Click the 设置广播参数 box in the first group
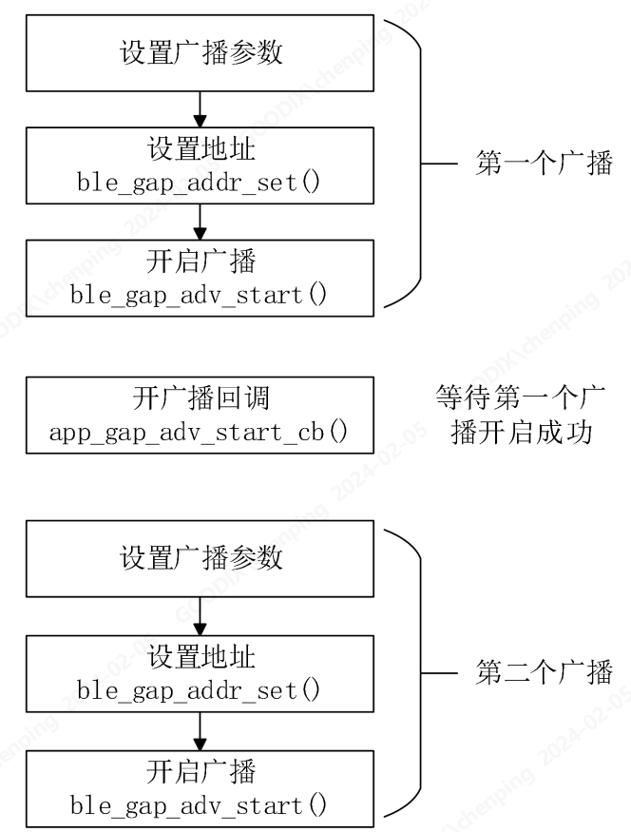coord(201,51)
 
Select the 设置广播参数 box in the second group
coord(201,557)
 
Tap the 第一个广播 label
coord(544,164)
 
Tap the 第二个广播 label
coord(544,671)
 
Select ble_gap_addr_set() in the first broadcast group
coord(200,182)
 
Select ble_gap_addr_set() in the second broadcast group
coord(200,687)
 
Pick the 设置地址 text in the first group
coord(201,150)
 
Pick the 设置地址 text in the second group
coord(201,656)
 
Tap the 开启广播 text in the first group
coord(201,262)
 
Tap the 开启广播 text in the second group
coord(201,768)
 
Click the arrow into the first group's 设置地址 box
coord(200,109)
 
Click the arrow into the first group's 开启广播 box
coord(200,222)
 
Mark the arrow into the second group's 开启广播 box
coord(200,727)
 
